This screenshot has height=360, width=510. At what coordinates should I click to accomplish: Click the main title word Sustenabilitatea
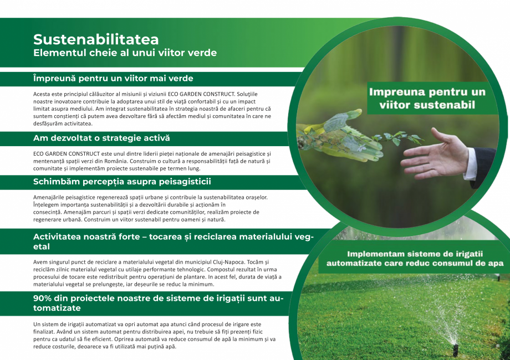point(96,39)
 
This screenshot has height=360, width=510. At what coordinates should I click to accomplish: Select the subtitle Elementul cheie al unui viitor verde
point(125,53)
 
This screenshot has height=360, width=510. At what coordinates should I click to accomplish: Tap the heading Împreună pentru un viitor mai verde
point(113,79)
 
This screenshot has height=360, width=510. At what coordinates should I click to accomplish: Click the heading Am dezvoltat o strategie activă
point(101,137)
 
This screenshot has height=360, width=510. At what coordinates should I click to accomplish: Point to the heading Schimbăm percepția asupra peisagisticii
point(122,182)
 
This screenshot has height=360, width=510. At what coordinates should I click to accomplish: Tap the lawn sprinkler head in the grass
point(455,349)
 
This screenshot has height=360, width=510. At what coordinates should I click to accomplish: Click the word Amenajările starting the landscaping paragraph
point(51,197)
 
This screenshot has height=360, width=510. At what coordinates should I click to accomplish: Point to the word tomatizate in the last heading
point(57,307)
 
